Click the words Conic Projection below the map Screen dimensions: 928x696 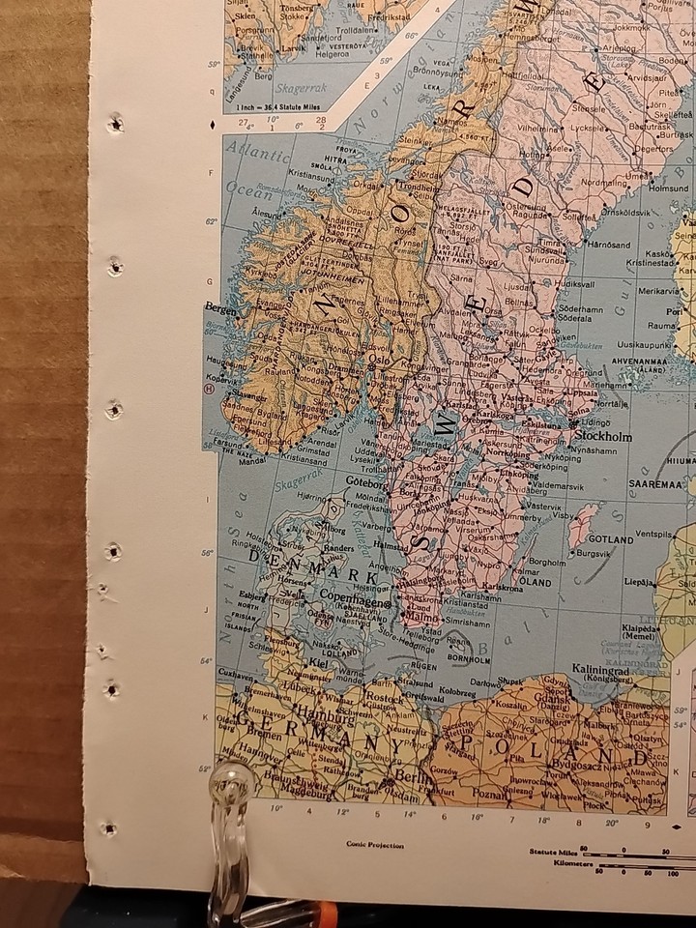(376, 844)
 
